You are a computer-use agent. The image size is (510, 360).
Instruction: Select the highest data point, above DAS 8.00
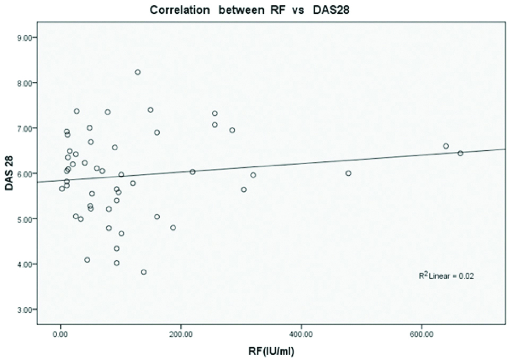(x=137, y=72)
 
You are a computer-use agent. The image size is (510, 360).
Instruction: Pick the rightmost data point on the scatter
(x=460, y=153)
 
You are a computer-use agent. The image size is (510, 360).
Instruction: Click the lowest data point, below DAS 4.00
(x=143, y=272)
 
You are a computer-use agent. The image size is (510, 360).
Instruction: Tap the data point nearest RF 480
(x=348, y=173)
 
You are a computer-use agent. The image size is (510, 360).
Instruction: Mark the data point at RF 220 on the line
(x=193, y=172)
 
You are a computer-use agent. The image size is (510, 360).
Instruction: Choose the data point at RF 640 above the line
(x=446, y=146)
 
